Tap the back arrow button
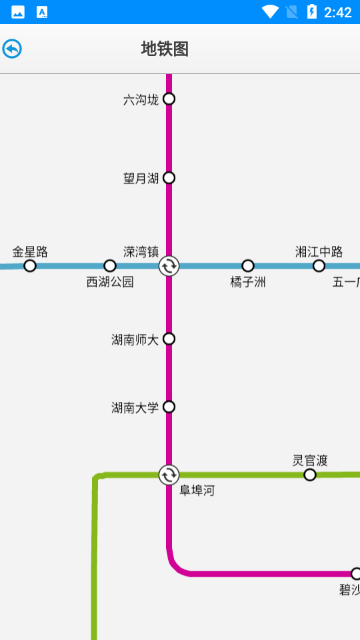point(12,49)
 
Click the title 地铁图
point(165,49)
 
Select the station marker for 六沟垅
point(169,99)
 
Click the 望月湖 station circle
point(169,177)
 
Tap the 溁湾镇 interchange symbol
point(169,266)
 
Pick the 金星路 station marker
point(30,266)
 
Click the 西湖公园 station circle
point(110,266)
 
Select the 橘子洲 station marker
point(248,266)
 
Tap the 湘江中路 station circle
point(319,266)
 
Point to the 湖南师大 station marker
point(169,339)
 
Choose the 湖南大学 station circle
point(169,407)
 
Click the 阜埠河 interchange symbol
point(169,475)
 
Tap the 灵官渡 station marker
point(310,475)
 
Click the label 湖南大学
point(135,407)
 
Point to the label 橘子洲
point(248,282)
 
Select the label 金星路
point(30,252)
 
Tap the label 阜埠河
point(197,491)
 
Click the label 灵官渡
point(310,461)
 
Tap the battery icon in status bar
point(311,12)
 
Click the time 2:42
point(337,12)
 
